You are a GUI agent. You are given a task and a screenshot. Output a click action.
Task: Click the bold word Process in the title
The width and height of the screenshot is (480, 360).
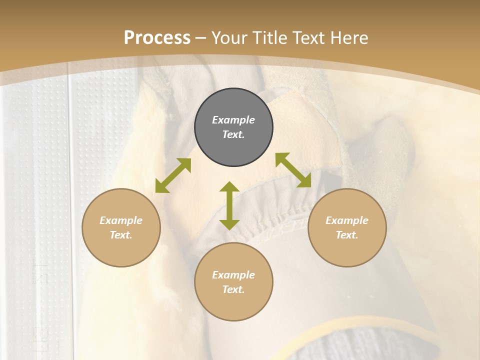157,38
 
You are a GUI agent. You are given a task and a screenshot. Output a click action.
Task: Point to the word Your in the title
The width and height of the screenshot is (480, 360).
230,38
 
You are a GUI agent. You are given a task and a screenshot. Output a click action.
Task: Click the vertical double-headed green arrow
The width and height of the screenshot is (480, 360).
229,205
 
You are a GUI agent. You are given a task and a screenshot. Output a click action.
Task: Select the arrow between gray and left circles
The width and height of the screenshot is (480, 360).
173,175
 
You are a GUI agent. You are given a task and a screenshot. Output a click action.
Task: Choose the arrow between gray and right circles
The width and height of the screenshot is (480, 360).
293,170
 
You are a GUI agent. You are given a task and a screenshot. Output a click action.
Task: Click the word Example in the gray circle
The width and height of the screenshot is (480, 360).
233,120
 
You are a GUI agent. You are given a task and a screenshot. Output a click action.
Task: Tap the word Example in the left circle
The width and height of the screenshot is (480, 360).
121,220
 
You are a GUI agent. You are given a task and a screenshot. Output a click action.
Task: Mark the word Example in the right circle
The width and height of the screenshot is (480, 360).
347,220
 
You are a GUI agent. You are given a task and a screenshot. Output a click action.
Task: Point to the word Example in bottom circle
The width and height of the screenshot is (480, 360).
233,275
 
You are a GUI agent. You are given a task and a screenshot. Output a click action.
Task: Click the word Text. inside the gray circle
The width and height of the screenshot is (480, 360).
233,134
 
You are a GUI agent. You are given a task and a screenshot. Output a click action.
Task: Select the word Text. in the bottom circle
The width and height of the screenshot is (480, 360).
233,289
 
